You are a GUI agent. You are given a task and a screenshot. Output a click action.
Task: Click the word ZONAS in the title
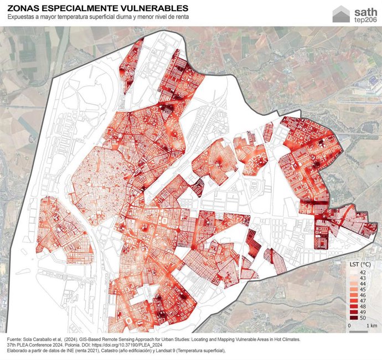(x=25, y=8)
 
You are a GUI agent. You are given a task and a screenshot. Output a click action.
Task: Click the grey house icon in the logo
(x=341, y=14)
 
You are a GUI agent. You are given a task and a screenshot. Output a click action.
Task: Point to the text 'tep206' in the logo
(x=365, y=20)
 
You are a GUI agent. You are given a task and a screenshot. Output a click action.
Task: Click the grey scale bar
(x=359, y=322)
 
